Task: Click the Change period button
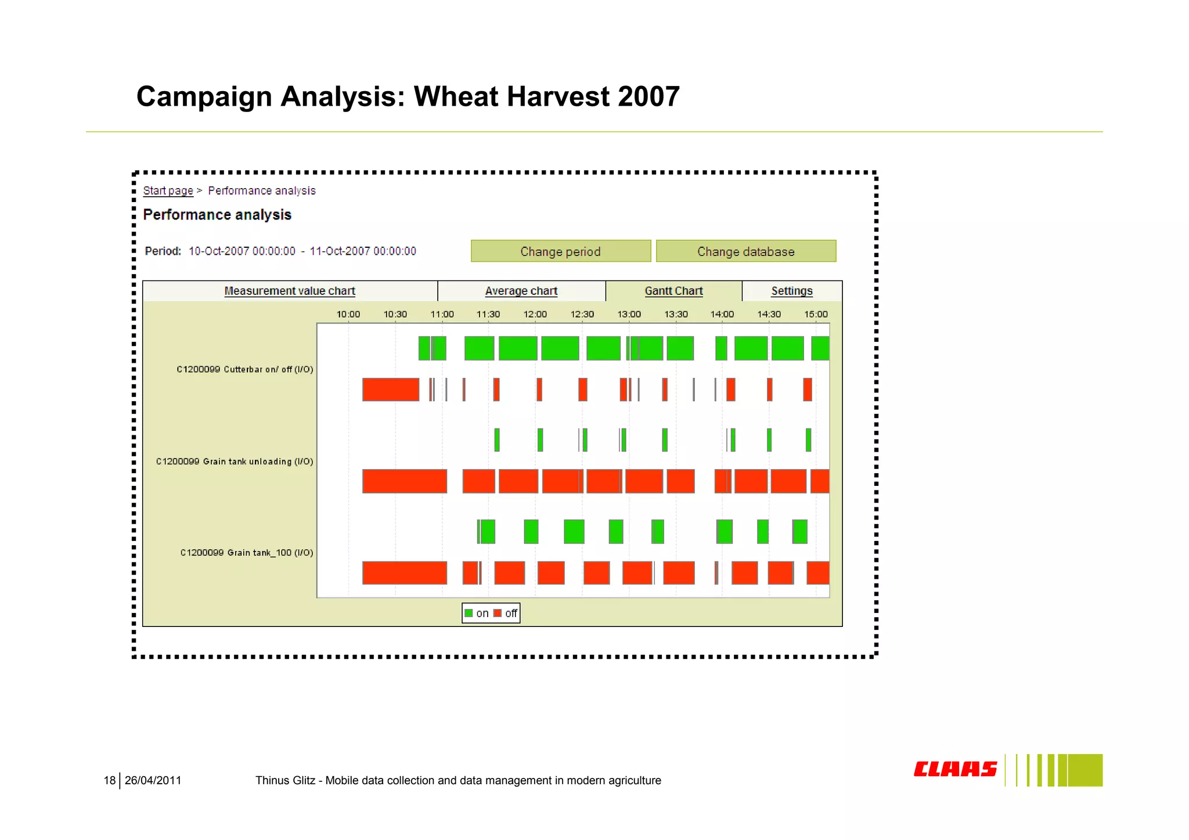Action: [560, 251]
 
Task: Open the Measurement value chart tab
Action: [289, 291]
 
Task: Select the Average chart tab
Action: [521, 291]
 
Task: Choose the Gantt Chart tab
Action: [673, 291]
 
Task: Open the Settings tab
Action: [791, 291]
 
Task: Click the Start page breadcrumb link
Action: [168, 190]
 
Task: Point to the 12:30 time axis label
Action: [582, 314]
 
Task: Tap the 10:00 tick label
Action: [348, 314]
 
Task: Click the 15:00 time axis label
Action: [816, 314]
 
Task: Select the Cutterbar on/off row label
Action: [244, 369]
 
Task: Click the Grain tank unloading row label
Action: [235, 462]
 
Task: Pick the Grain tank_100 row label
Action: [246, 553]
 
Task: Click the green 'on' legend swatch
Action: [469, 613]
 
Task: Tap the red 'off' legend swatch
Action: [498, 613]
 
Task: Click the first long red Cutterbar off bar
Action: [391, 390]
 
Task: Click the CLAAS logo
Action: [955, 769]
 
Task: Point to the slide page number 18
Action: [109, 780]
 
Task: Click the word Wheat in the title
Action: [456, 96]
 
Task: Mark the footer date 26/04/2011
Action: [153, 780]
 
